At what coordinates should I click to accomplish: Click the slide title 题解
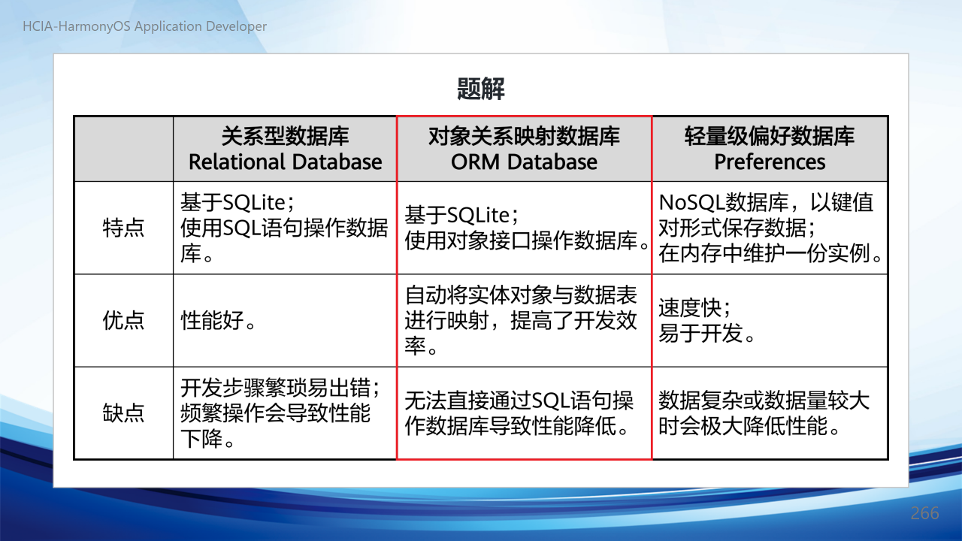click(480, 89)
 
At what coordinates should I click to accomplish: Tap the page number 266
click(924, 513)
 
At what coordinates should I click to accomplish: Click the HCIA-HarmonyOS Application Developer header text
click(145, 26)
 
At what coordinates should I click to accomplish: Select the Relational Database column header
click(285, 149)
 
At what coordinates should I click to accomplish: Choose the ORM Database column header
click(524, 149)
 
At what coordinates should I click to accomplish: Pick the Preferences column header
click(770, 149)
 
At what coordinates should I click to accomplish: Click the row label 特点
click(124, 228)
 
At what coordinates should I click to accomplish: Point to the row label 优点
click(124, 320)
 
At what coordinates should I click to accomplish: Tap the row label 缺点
click(124, 413)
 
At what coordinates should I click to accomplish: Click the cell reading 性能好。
click(285, 320)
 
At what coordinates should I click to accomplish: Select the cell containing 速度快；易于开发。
click(770, 320)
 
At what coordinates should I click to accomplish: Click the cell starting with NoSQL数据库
click(770, 228)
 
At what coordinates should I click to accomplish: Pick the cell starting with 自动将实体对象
click(524, 320)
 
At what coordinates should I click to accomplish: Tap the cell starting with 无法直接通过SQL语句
click(524, 413)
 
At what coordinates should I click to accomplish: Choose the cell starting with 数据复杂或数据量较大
click(770, 413)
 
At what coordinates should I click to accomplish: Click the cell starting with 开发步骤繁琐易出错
click(285, 413)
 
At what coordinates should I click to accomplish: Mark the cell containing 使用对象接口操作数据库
click(524, 228)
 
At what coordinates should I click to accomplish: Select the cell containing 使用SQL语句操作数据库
click(285, 228)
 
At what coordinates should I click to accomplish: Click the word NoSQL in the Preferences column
click(691, 202)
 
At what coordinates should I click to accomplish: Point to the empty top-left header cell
click(124, 149)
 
